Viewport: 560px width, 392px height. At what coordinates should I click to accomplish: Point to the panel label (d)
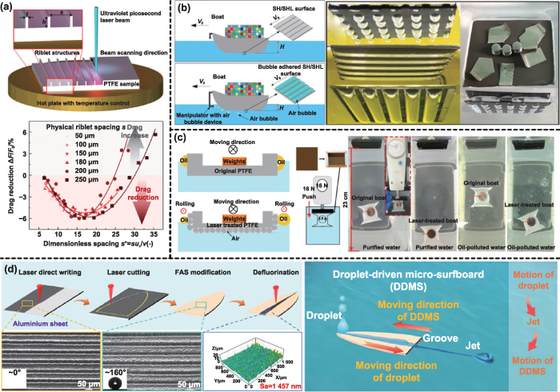tap(11, 263)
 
